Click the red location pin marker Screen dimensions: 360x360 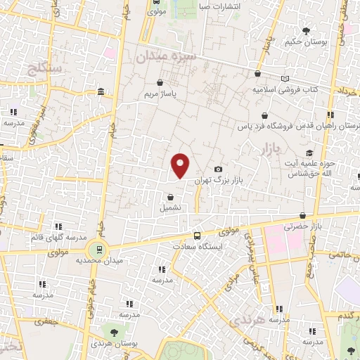(x=181, y=165)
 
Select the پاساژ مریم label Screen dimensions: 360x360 (x=158, y=93)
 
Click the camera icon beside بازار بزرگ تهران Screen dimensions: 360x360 (x=219, y=169)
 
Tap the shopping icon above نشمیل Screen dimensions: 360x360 (x=170, y=197)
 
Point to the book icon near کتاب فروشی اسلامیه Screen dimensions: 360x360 (x=285, y=79)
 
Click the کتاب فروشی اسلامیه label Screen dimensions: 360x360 (x=288, y=90)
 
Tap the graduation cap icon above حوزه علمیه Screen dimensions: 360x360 (x=309, y=153)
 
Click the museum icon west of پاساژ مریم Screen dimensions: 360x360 (x=103, y=92)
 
